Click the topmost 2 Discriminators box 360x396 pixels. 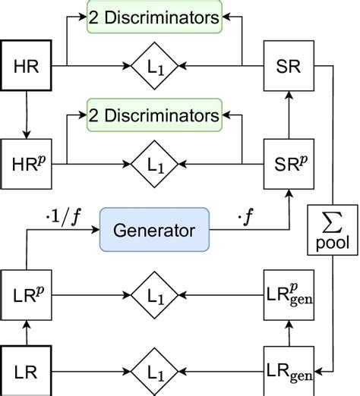(x=153, y=17)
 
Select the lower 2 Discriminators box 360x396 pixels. (x=153, y=116)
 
